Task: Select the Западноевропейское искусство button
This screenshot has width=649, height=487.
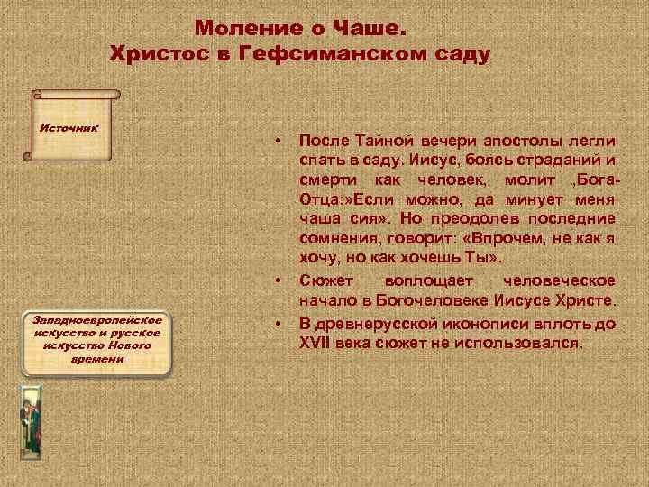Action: [98, 339]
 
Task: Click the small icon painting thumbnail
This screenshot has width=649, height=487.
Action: [30, 422]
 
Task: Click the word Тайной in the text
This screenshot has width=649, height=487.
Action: [381, 142]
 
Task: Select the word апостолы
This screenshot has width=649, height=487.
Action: [521, 142]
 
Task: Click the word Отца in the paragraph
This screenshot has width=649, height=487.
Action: [315, 198]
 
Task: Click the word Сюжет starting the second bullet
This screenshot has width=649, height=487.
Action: [323, 280]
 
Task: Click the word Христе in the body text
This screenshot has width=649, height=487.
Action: [584, 299]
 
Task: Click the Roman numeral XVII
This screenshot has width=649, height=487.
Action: [315, 344]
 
